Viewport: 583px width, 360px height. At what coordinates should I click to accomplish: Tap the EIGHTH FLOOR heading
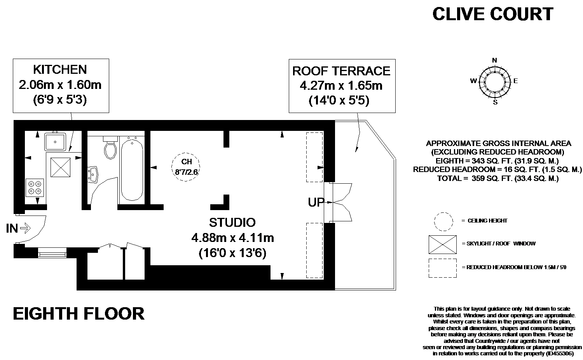tap(79, 314)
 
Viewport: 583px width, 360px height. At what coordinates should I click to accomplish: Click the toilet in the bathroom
tap(110, 148)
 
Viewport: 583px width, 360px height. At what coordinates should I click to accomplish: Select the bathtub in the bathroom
tap(132, 169)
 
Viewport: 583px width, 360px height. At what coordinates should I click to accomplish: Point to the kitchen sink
tap(55, 141)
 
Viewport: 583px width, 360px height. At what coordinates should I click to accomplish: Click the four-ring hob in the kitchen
tap(35, 188)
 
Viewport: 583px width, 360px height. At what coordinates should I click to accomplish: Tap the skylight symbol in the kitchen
tap(60, 167)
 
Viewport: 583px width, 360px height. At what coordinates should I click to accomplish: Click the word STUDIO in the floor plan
tap(232, 223)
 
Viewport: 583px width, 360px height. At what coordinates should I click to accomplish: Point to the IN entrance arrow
tap(25, 228)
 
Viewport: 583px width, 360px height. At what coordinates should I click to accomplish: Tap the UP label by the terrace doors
tap(316, 202)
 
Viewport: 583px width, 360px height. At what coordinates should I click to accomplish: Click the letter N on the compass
tap(494, 60)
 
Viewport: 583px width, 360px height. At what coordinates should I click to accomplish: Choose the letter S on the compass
tap(495, 102)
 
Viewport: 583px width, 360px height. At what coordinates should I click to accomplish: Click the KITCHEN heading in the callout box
tap(60, 70)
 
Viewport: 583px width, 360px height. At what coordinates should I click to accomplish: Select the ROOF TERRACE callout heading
tap(342, 71)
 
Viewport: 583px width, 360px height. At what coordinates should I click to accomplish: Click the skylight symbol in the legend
tap(442, 245)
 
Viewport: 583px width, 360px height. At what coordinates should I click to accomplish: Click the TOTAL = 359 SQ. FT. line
tap(498, 178)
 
